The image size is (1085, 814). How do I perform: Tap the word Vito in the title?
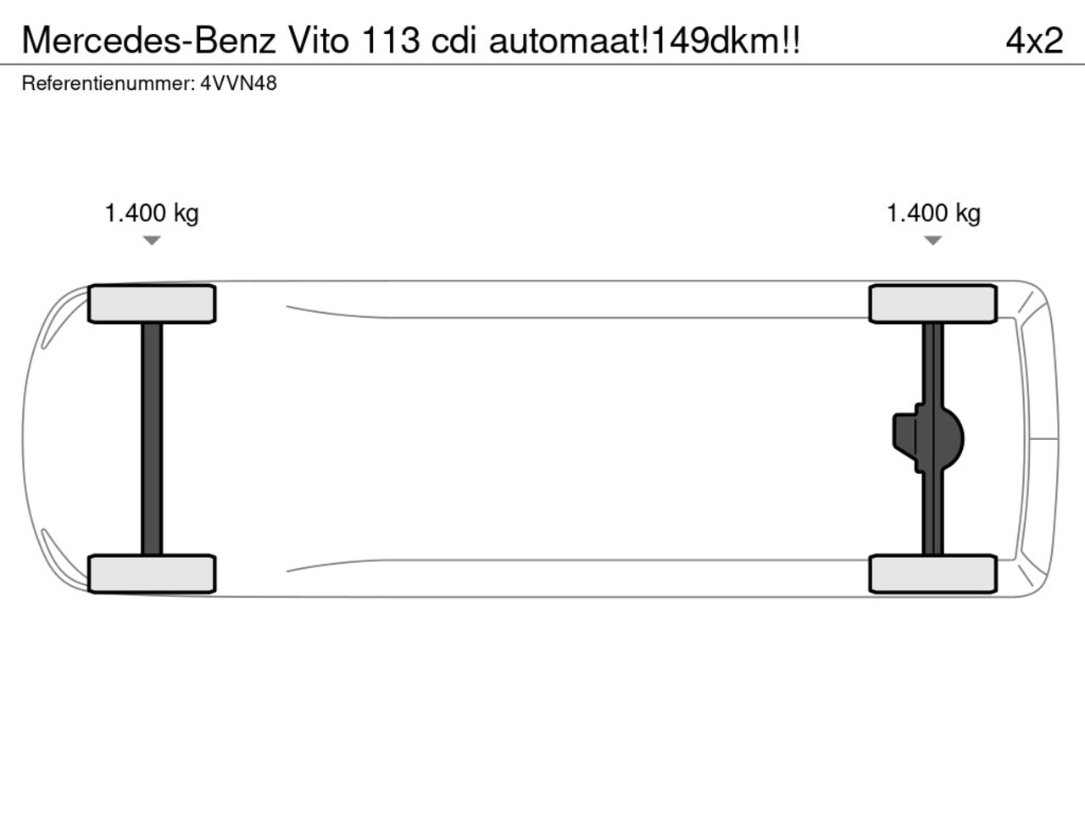click(320, 41)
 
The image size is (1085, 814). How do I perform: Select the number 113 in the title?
click(391, 41)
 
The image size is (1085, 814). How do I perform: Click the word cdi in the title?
click(453, 41)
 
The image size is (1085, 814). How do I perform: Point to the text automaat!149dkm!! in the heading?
click(644, 41)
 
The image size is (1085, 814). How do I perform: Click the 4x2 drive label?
click(1035, 41)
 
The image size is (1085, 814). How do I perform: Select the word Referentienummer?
click(108, 83)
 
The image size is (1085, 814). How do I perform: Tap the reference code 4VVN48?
click(239, 83)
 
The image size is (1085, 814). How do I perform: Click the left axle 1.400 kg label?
click(152, 214)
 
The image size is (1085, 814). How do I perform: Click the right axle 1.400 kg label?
click(934, 214)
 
